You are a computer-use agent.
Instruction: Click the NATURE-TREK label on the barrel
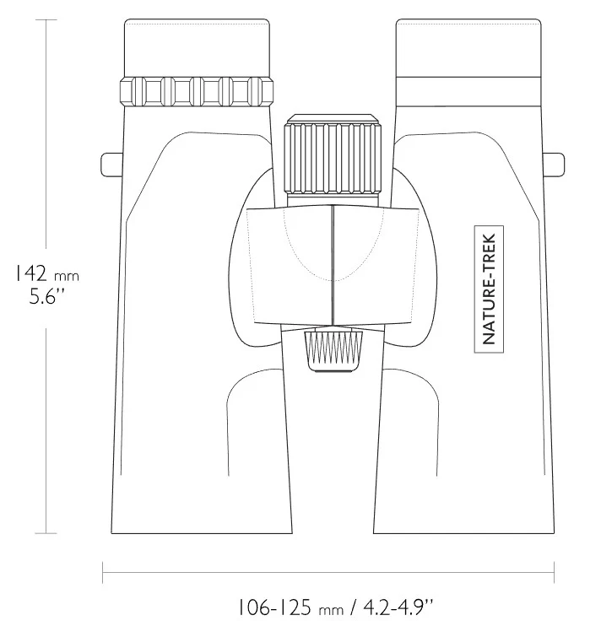[489, 289]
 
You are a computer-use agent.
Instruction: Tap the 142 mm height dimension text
[47, 273]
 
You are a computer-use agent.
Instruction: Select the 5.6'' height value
[47, 296]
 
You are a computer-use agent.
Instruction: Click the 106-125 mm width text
[290, 607]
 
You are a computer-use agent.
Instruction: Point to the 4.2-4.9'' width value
[398, 607]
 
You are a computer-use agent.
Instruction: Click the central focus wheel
[333, 158]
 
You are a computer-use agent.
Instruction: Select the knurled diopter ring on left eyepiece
[197, 91]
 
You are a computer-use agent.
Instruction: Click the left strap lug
[111, 165]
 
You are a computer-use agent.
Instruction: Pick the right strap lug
[554, 165]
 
